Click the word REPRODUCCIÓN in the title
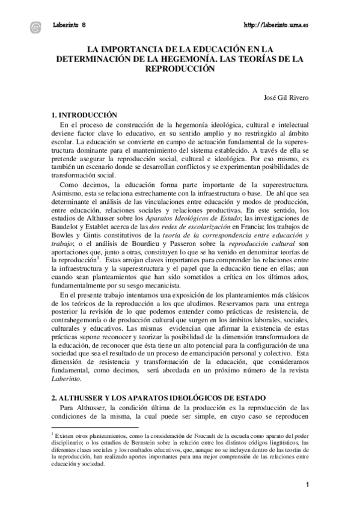(x=180, y=69)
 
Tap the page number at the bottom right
(x=307, y=485)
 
